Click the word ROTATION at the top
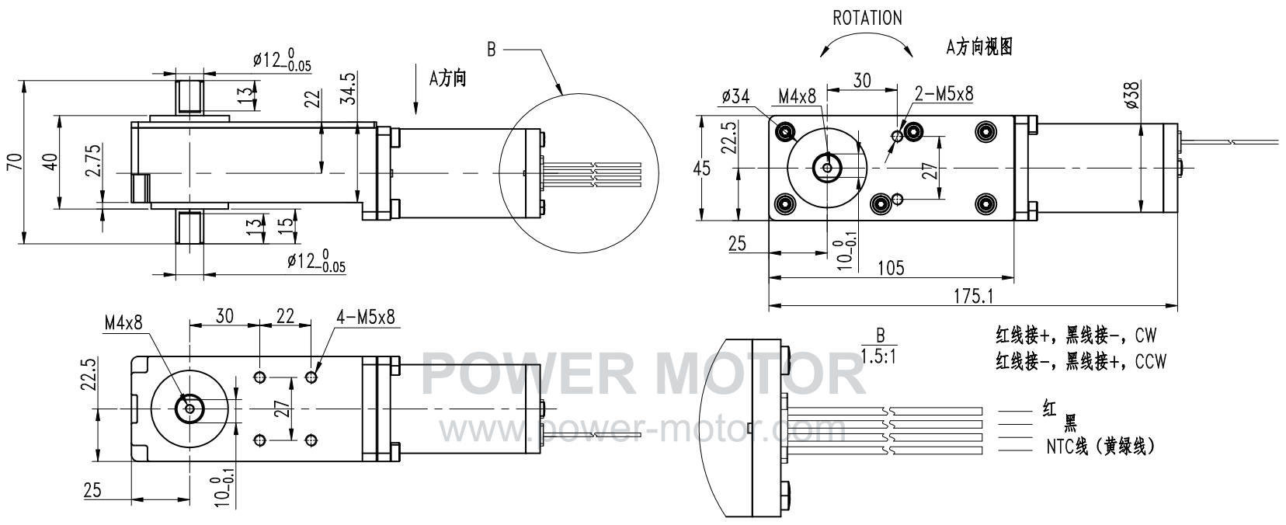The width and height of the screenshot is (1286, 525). (867, 19)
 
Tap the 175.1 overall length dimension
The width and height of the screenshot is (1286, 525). (973, 296)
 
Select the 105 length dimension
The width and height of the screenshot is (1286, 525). (891, 268)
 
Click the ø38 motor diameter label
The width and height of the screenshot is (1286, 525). (1131, 95)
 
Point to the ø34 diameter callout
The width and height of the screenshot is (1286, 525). (735, 96)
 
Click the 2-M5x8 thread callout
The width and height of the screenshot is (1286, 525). (944, 94)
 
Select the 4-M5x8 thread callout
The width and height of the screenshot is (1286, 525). (366, 317)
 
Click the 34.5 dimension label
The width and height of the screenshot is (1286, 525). (348, 89)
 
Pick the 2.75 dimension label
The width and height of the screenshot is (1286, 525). (93, 160)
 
